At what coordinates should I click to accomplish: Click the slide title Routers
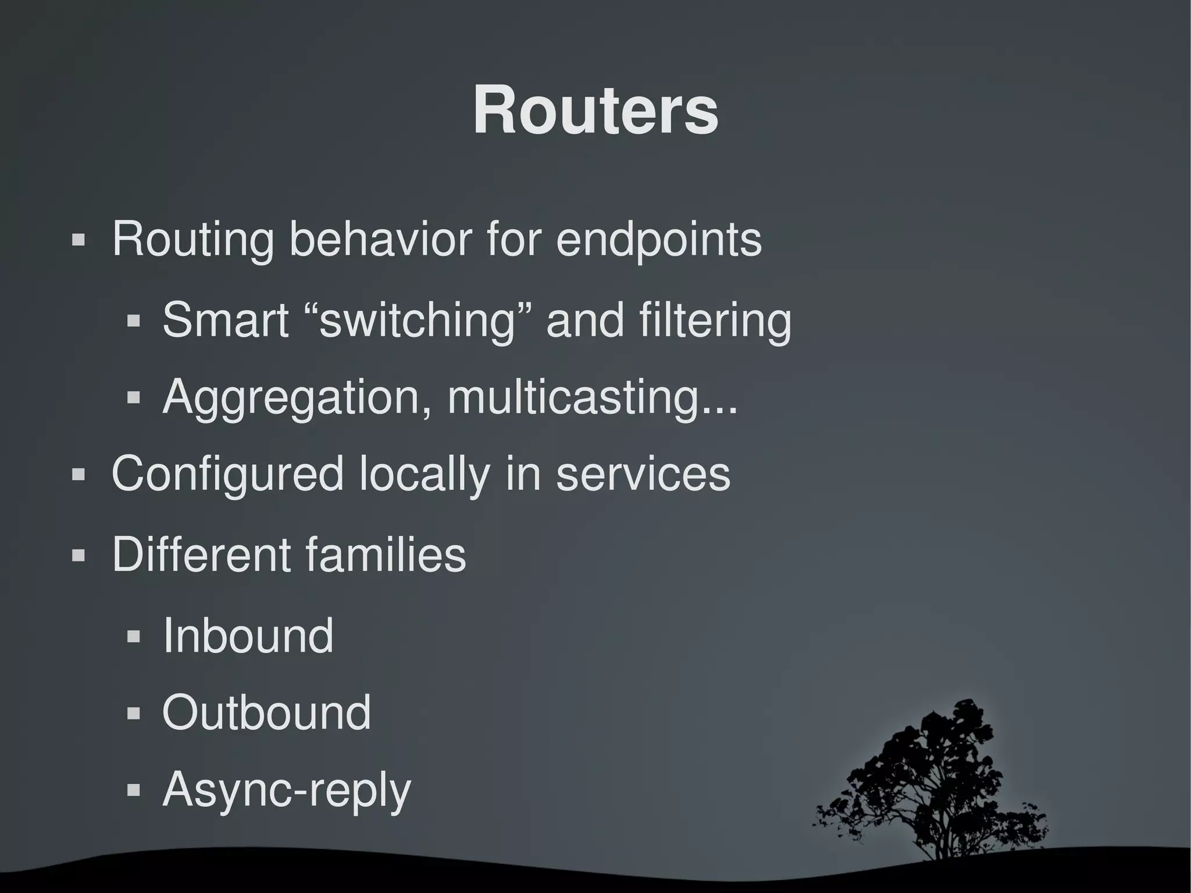[x=595, y=111]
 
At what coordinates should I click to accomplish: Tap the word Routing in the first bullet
[x=192, y=239]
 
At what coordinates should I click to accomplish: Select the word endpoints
[x=658, y=239]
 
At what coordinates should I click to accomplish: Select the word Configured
[x=227, y=474]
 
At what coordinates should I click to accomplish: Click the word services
[x=643, y=474]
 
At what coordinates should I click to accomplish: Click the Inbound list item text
[x=248, y=635]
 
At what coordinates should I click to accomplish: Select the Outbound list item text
[x=266, y=712]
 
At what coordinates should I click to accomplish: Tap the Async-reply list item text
[x=287, y=791]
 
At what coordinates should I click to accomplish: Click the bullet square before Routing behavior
[x=78, y=240]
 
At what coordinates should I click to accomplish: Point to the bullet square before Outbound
[x=133, y=713]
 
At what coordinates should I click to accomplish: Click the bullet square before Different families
[x=78, y=555]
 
